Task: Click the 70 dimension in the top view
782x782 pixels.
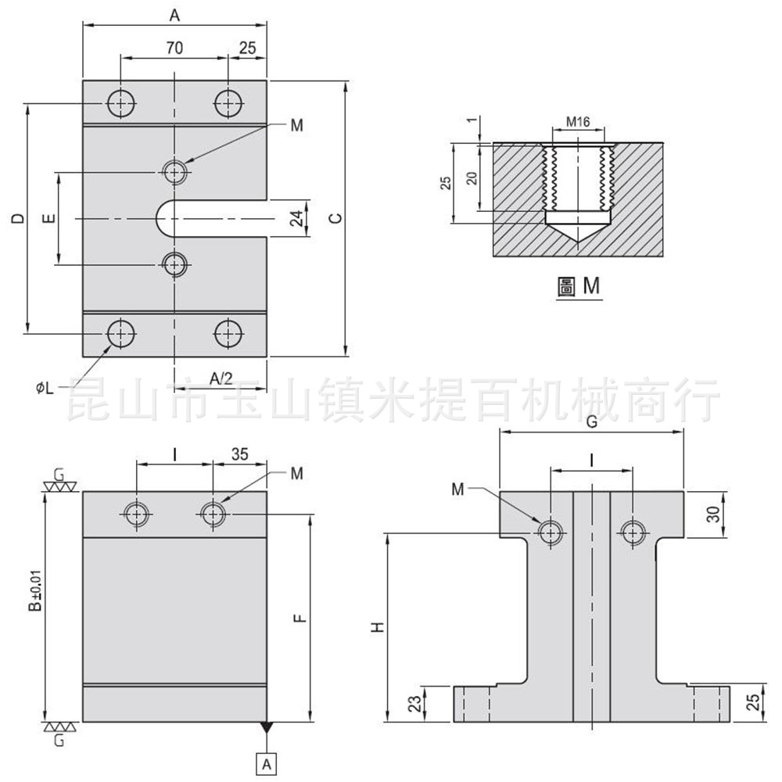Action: point(174,48)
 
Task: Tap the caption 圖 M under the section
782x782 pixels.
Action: point(579,287)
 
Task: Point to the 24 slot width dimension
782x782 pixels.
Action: point(297,218)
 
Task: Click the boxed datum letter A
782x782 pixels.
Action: point(267,761)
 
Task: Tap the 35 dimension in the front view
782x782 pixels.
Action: point(240,453)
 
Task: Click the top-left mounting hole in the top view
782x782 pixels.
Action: point(121,102)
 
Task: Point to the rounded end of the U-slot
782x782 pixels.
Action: point(163,218)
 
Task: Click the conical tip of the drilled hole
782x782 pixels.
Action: point(578,236)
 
